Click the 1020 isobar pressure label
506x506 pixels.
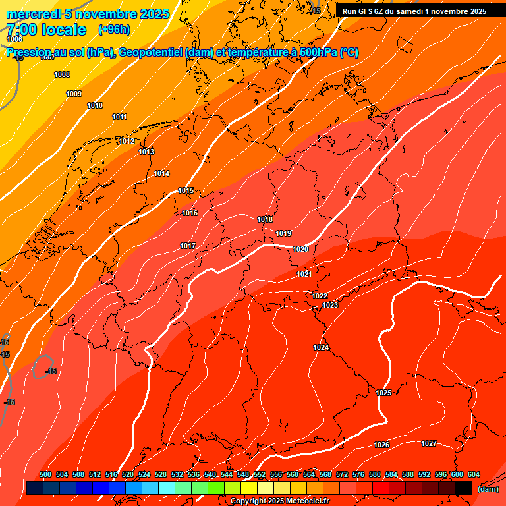300,249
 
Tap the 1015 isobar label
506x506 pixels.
186,190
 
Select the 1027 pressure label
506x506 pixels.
429,443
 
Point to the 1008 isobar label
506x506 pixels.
62,74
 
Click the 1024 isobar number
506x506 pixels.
321,347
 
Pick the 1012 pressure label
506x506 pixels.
126,141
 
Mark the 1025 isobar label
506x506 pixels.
383,393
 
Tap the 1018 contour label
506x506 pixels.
265,219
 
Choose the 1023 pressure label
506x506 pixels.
330,305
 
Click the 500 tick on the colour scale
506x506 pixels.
45,474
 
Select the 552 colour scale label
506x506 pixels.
260,474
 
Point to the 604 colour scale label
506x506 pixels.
474,474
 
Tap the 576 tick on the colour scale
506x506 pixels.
358,474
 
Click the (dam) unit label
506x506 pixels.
488,489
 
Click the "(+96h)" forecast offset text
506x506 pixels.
114,29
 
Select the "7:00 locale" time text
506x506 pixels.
45,29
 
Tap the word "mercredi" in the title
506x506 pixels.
30,14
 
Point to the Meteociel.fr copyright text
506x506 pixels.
279,501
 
